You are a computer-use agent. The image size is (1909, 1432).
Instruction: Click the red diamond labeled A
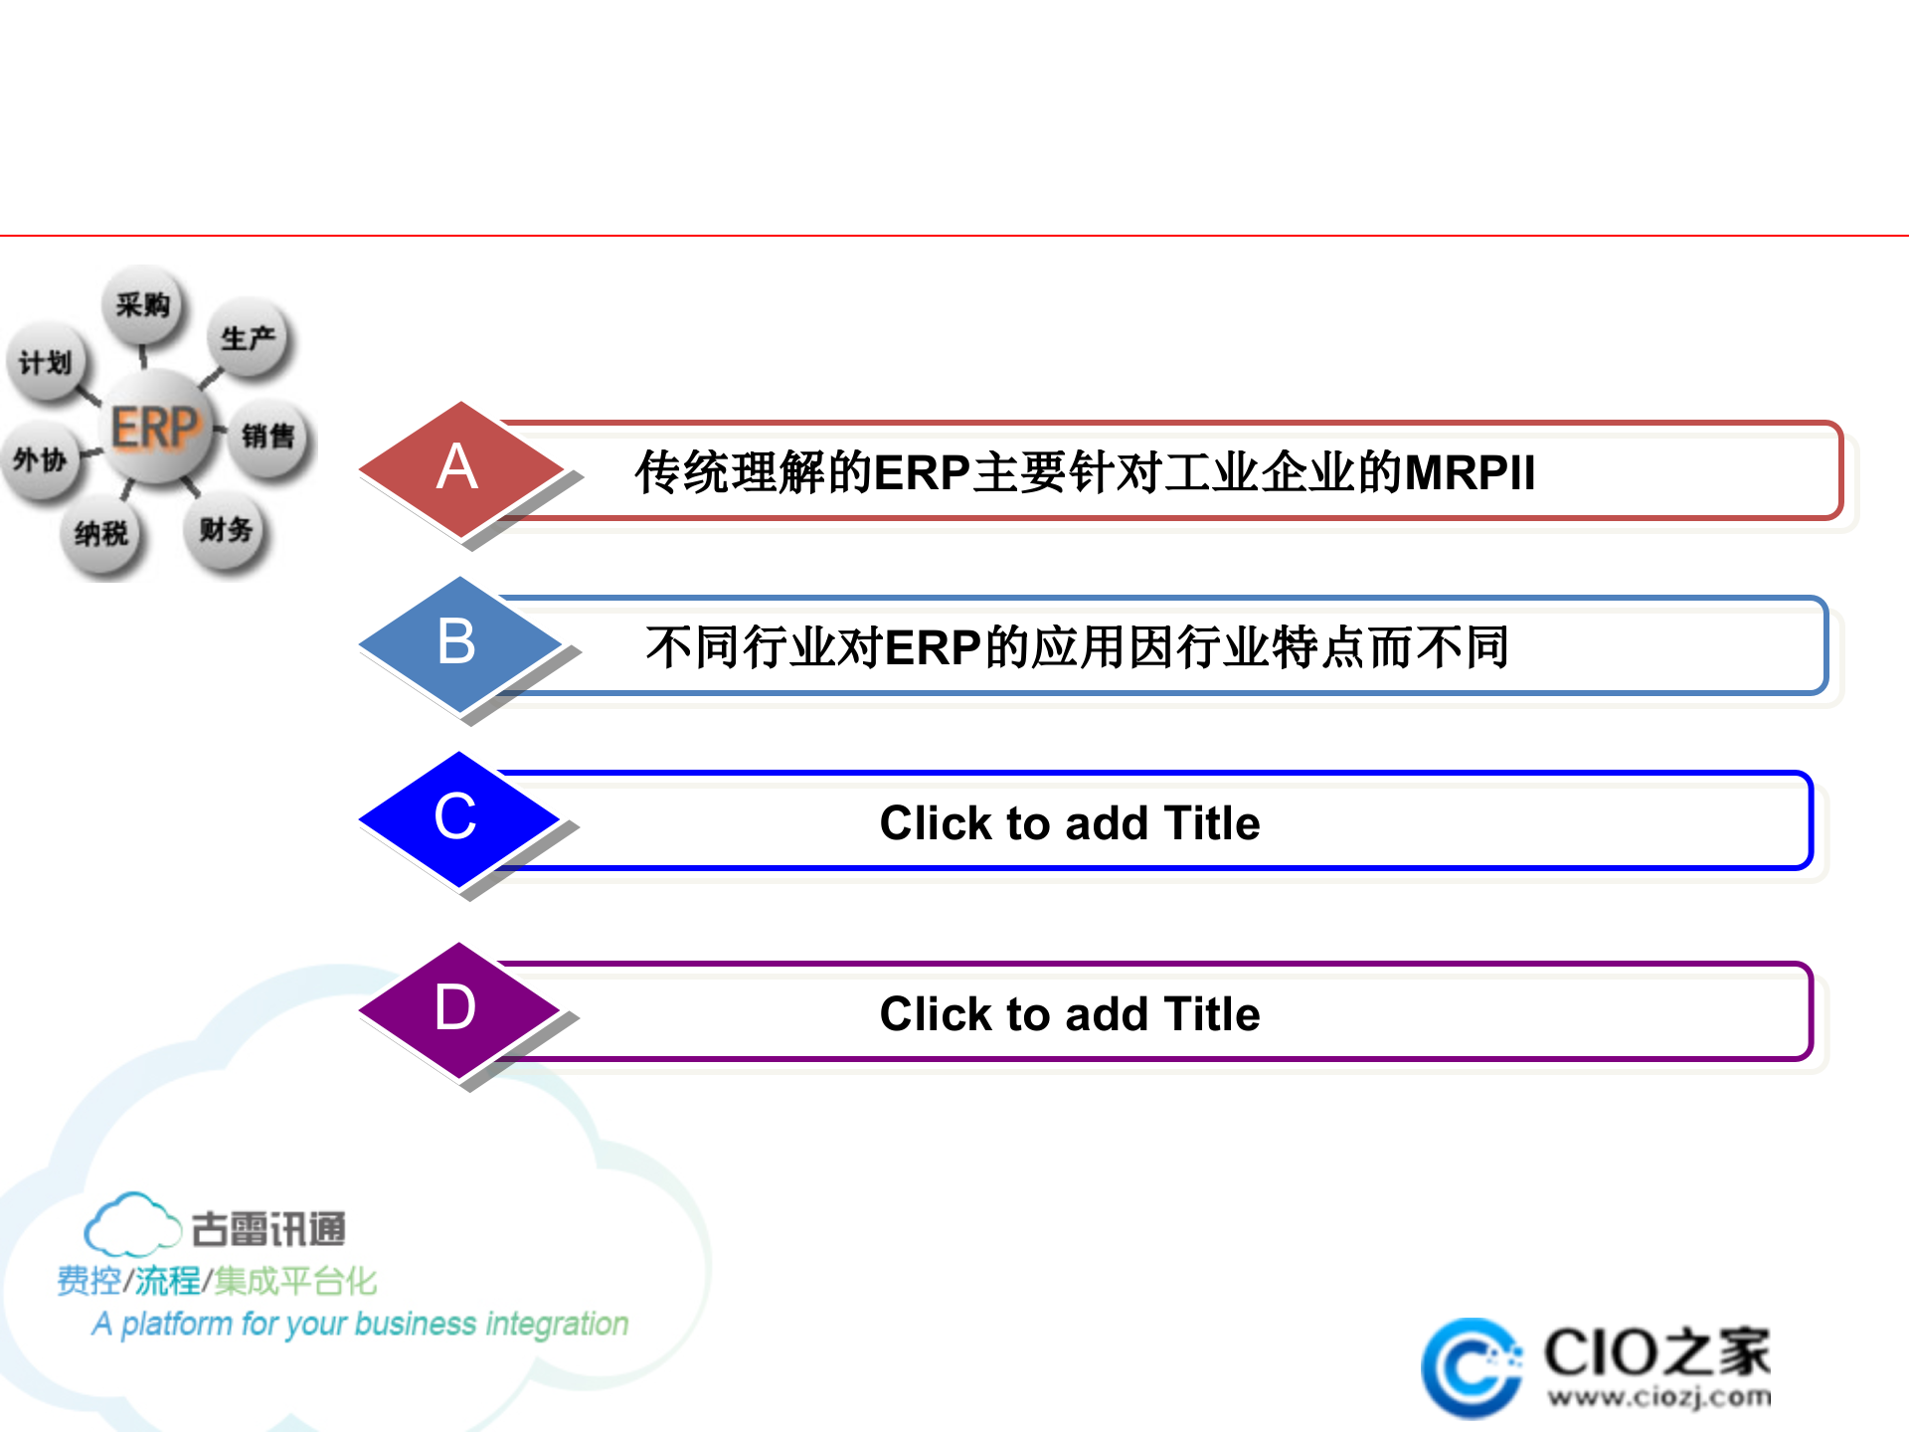459,469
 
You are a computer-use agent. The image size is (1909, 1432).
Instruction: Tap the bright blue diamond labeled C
456,818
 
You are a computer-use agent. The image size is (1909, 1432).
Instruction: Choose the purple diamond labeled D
456,1009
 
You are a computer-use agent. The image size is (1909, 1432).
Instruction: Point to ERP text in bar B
933,648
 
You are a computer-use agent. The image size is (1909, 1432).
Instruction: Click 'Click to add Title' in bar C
1069,823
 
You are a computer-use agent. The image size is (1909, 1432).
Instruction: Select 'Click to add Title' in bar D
1069,1014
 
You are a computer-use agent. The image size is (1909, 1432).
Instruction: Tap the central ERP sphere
156,428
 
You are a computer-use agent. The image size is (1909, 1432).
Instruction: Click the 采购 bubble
142,304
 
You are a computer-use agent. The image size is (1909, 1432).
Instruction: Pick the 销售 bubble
267,436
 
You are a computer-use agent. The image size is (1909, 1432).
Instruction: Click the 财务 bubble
226,530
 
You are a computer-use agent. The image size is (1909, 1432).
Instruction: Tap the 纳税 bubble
101,534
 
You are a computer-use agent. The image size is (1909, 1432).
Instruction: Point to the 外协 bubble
40,459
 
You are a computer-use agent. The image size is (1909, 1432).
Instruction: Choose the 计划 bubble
46,363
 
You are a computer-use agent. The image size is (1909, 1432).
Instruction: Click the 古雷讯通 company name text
267,1229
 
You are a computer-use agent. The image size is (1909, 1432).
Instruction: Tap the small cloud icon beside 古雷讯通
130,1225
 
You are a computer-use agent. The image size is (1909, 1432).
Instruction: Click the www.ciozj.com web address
1658,1397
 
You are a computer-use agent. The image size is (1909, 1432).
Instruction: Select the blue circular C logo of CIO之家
1470,1368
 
